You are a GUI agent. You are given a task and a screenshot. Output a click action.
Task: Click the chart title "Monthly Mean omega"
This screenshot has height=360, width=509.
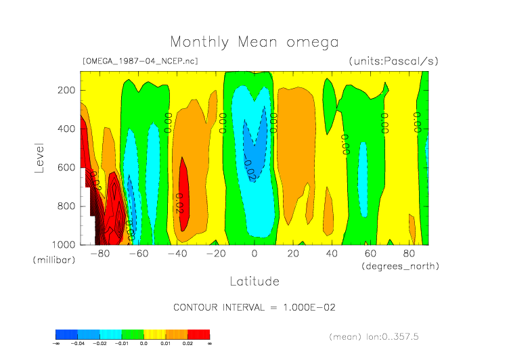point(254,43)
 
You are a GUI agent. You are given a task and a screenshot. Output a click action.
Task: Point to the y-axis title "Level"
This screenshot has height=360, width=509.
point(39,157)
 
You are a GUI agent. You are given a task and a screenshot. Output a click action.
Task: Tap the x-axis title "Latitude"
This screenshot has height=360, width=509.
point(254,281)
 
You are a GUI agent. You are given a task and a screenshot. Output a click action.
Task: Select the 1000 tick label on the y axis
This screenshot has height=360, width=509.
point(63,244)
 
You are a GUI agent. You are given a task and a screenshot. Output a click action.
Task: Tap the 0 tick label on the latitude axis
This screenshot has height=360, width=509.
point(255,254)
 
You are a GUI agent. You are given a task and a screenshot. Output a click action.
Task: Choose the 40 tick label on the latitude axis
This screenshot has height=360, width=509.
point(332,254)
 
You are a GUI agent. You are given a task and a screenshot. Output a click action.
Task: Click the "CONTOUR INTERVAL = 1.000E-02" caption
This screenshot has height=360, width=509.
point(255,307)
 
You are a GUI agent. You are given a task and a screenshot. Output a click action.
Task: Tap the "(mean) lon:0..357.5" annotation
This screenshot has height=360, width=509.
point(384,336)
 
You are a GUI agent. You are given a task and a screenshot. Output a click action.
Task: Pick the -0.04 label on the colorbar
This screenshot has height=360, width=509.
point(78,344)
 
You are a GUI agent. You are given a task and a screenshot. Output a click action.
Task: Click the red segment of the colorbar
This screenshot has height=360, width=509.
point(199,334)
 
